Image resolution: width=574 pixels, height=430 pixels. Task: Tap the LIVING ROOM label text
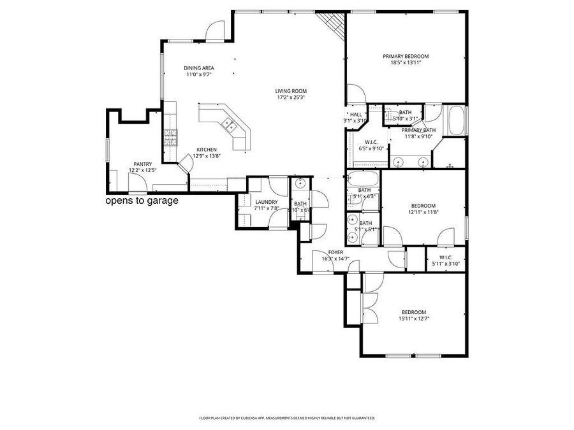(291, 90)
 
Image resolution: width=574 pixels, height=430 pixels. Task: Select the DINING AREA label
(198, 68)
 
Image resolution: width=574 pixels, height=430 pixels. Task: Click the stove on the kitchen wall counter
(170, 137)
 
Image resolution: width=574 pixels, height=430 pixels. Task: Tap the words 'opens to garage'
(142, 201)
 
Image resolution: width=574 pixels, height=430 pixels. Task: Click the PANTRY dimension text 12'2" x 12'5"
(142, 170)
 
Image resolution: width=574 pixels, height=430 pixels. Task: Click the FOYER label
(335, 252)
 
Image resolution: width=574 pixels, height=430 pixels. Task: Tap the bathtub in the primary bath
(457, 121)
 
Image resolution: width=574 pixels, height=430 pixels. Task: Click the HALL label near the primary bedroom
(355, 114)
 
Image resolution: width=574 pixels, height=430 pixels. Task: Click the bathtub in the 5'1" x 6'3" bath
(364, 179)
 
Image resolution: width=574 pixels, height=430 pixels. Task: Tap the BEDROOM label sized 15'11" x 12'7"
(413, 312)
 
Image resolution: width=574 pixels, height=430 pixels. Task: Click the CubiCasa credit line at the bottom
(287, 419)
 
